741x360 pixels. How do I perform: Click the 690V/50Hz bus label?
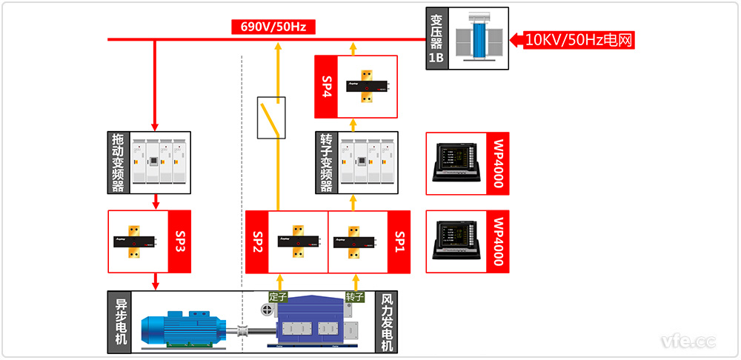pyautogui.click(x=273, y=27)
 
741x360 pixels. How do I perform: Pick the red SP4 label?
pyautogui.click(x=326, y=87)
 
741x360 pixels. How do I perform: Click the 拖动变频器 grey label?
pyautogui.click(x=118, y=161)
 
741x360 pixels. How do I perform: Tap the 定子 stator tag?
pyautogui.click(x=279, y=297)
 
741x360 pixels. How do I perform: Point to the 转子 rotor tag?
pyautogui.click(x=355, y=297)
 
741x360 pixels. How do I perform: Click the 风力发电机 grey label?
pyautogui.click(x=386, y=321)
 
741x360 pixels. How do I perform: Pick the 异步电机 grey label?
pyautogui.click(x=119, y=321)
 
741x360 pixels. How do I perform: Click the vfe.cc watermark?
pyautogui.click(x=688, y=341)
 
